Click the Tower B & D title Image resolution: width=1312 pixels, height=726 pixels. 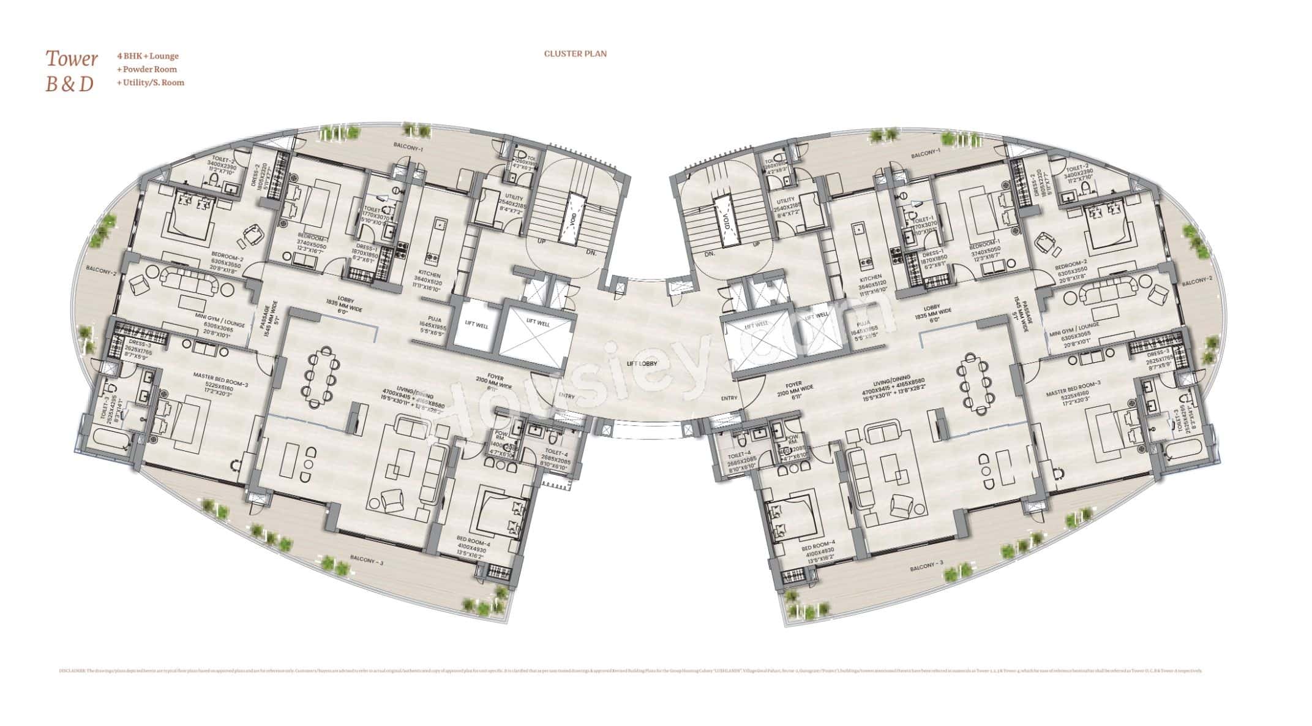(x=72, y=71)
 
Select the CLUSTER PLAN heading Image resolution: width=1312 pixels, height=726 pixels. (x=575, y=54)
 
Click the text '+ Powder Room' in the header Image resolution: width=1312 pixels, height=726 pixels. (x=148, y=69)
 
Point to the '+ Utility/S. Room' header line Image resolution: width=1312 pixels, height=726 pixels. (x=151, y=82)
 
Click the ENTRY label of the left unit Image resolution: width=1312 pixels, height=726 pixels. (x=567, y=396)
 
